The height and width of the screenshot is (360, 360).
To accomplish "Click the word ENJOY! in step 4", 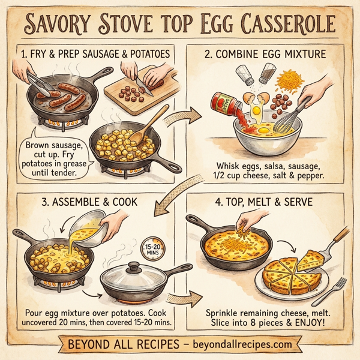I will point(313,325).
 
